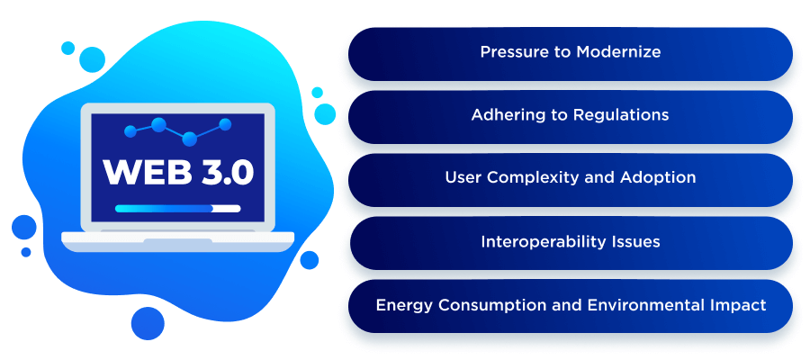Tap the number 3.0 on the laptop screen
point(221,172)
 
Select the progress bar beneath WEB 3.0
point(177,208)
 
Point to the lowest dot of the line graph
point(189,139)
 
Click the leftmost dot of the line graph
point(130,132)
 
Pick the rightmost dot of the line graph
point(225,124)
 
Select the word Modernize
point(623,52)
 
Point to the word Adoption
point(658,178)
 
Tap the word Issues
point(634,241)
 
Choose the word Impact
point(739,305)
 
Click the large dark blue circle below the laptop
point(148,322)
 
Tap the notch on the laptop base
point(177,241)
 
